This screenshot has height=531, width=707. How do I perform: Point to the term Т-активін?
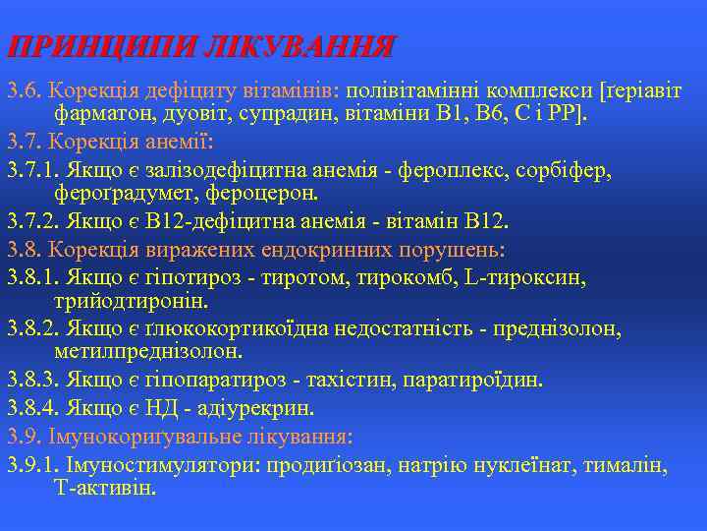pos(104,488)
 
